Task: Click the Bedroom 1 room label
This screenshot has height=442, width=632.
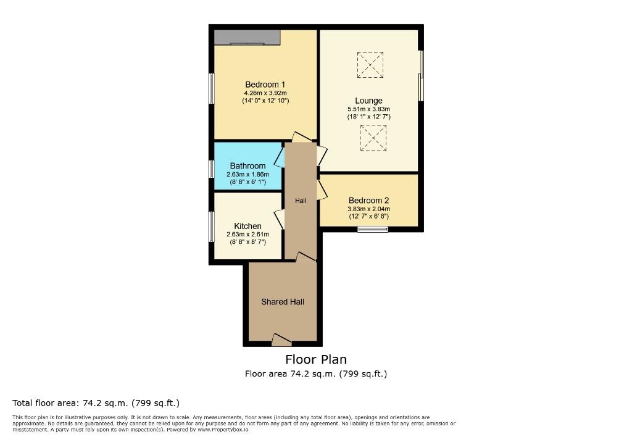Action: (x=265, y=85)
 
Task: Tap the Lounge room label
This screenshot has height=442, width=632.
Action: (x=368, y=101)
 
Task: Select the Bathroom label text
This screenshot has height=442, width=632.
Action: (x=247, y=165)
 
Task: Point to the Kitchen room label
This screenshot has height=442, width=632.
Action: (x=247, y=226)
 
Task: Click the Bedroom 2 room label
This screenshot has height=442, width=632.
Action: (x=368, y=201)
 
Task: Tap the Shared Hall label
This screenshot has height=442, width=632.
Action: (x=282, y=302)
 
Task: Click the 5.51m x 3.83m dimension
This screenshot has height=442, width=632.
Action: (x=368, y=109)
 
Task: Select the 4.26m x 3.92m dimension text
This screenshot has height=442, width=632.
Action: (x=265, y=93)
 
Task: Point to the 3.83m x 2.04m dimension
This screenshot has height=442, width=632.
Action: (x=368, y=209)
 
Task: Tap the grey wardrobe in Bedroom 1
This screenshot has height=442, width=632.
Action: (x=247, y=37)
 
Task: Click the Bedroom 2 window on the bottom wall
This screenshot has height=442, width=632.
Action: (x=373, y=230)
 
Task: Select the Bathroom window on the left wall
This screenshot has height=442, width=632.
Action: (x=211, y=169)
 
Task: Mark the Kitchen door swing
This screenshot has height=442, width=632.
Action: (x=280, y=219)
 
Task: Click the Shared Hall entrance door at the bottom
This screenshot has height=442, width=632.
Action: (x=281, y=340)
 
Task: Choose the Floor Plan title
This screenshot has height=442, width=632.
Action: (x=316, y=359)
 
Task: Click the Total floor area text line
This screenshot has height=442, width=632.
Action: (x=96, y=403)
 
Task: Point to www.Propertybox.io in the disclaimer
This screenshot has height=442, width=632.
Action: (x=222, y=430)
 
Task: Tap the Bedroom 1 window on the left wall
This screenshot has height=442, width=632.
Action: (x=211, y=88)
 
